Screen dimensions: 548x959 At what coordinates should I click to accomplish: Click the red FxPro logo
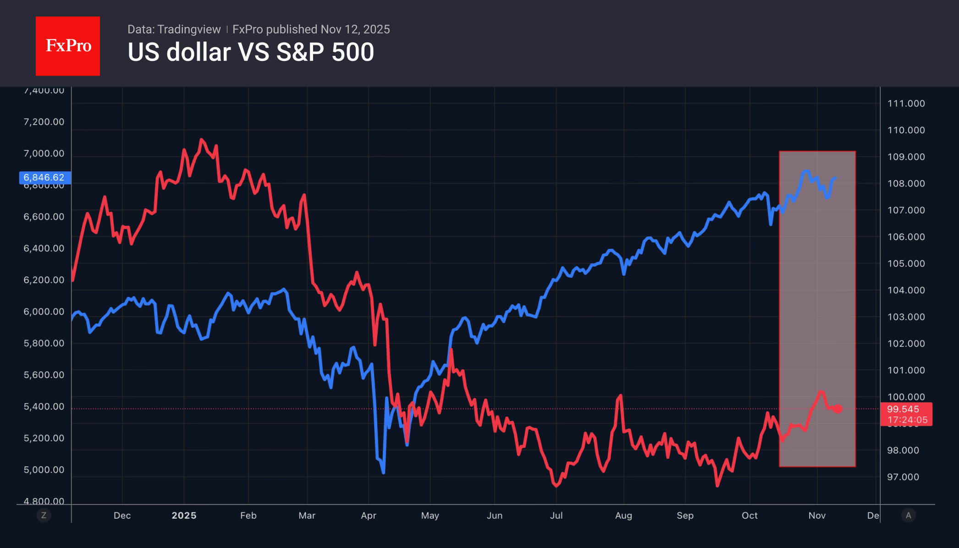pos(68,46)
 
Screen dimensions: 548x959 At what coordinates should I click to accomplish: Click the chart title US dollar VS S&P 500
pos(251,52)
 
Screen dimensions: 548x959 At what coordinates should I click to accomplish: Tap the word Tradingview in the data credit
pos(189,29)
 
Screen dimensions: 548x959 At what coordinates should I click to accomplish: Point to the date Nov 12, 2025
pos(355,29)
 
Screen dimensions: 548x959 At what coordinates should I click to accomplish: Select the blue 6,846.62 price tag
pos(44,177)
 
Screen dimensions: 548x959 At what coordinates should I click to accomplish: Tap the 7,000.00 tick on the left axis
pos(44,153)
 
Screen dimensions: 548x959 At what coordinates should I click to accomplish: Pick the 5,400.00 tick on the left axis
pos(44,406)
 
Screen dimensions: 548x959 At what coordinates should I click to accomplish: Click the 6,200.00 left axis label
pos(44,280)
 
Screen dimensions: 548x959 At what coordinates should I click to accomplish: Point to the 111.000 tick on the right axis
pos(906,104)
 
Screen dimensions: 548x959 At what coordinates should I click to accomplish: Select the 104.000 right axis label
pos(906,290)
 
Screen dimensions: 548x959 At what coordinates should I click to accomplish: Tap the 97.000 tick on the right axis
pos(903,477)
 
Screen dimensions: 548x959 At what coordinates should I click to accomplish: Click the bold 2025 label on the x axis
pos(184,515)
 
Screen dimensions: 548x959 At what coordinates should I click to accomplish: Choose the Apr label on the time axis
pos(369,515)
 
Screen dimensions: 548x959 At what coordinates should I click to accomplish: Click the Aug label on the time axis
pos(623,515)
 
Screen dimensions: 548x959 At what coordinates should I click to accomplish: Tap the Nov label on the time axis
pos(817,515)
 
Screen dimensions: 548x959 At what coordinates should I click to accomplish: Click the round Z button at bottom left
pos(44,515)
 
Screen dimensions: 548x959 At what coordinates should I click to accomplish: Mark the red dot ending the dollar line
pos(838,409)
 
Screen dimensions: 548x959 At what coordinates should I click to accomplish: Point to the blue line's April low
pos(383,472)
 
